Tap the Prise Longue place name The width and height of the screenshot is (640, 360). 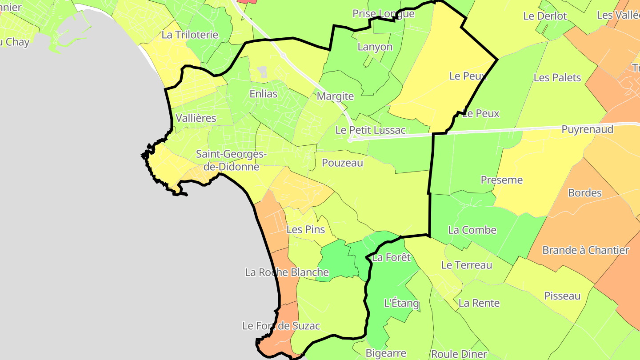(x=383, y=14)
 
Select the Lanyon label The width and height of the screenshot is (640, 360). (x=375, y=47)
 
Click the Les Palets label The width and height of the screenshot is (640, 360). (x=557, y=77)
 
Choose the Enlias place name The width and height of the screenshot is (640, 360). (x=263, y=94)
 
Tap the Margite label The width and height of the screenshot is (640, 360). (x=335, y=96)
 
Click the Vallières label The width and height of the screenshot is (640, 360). (x=196, y=118)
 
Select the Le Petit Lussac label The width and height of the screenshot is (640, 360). (x=370, y=130)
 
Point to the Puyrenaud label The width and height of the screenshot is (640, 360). (x=587, y=129)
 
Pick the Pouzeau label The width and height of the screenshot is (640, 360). (x=342, y=163)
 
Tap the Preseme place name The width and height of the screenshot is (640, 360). (x=502, y=180)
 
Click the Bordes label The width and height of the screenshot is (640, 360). (x=585, y=193)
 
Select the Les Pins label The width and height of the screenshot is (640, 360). (x=306, y=230)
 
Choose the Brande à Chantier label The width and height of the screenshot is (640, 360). (x=585, y=250)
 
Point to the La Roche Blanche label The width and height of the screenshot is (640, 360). (x=287, y=272)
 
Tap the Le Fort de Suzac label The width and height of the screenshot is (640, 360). (x=281, y=326)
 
